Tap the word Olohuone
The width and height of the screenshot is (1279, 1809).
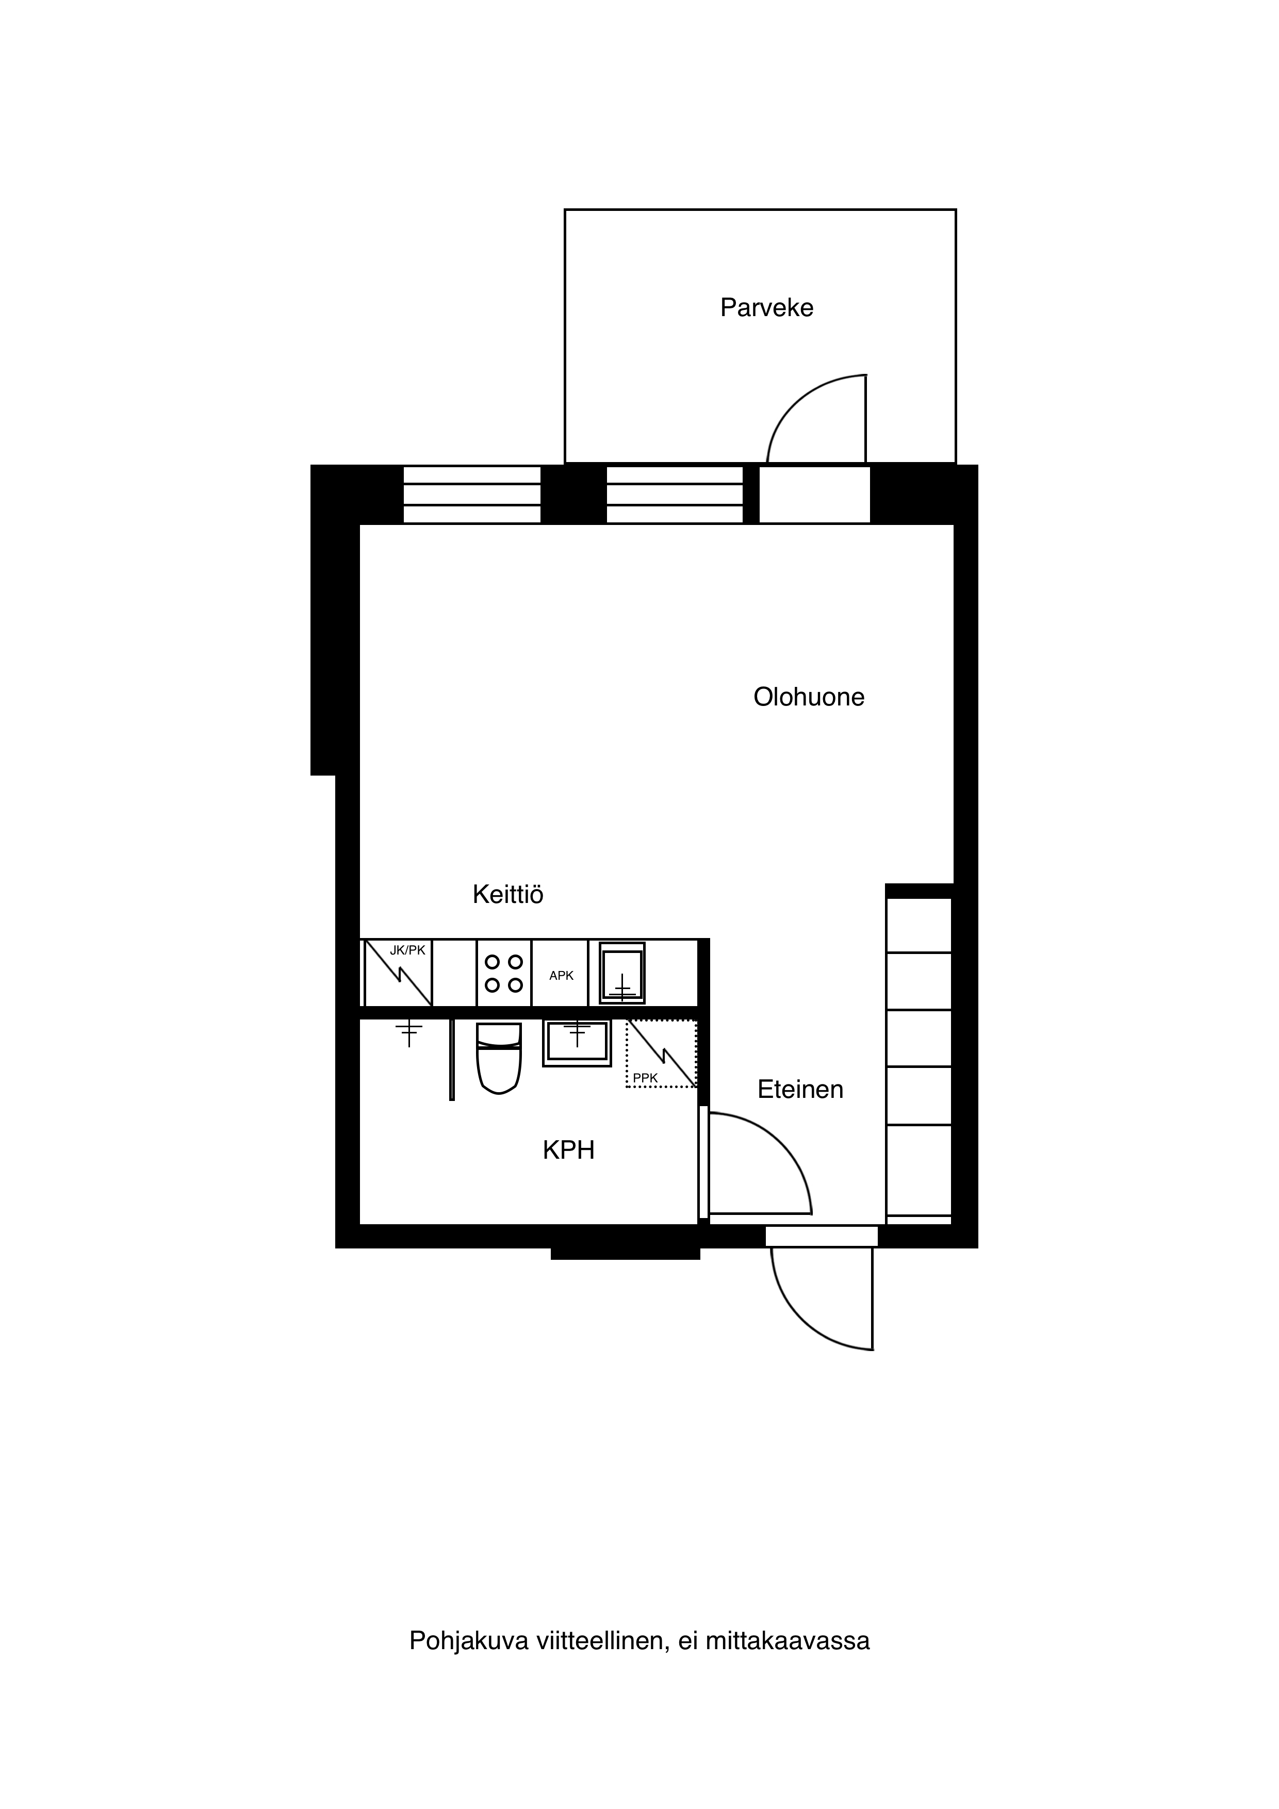(x=809, y=697)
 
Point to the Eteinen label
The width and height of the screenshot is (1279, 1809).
(x=800, y=1089)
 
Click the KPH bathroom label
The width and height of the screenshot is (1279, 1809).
(x=568, y=1150)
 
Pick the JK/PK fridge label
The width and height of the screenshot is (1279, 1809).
(x=407, y=950)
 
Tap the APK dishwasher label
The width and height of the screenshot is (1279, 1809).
(x=561, y=976)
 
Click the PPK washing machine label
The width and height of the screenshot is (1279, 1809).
(x=645, y=1078)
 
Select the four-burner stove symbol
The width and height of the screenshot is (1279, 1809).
(x=503, y=973)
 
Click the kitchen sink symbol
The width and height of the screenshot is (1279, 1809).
(x=622, y=973)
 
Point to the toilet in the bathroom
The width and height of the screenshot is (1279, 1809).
(x=499, y=1058)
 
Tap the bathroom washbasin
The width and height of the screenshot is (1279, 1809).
(x=577, y=1043)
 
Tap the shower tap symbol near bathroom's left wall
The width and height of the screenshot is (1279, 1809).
(x=409, y=1033)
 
